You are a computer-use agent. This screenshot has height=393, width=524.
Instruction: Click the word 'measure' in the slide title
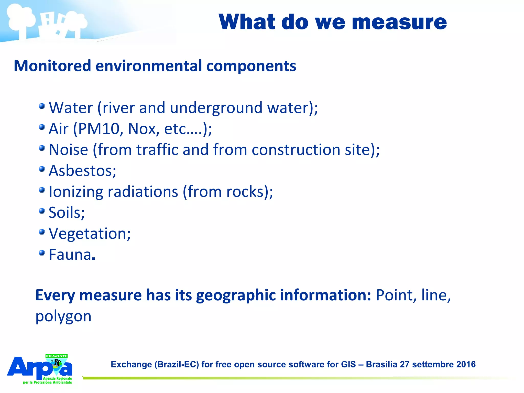[399, 23]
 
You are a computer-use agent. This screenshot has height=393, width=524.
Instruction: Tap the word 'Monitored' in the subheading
[52, 66]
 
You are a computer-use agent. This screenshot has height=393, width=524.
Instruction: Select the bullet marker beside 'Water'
[42, 106]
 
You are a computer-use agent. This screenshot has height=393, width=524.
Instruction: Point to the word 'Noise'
[68, 150]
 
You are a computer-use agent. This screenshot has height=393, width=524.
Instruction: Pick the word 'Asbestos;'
[82, 171]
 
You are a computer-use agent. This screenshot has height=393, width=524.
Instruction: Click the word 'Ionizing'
[76, 192]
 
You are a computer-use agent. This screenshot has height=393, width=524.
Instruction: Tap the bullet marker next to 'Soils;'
[42, 211]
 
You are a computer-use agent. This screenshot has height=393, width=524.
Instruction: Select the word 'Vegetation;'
[90, 234]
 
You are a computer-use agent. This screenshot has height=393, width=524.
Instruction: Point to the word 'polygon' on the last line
[63, 316]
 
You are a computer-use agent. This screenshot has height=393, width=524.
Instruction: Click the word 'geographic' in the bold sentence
[236, 296]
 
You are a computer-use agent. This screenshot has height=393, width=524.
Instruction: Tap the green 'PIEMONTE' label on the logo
[56, 356]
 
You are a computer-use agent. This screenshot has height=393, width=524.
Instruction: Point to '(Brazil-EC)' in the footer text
[177, 364]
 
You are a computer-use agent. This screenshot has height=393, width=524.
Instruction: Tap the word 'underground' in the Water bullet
[216, 108]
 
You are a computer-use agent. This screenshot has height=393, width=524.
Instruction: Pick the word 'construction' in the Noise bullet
[296, 150]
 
